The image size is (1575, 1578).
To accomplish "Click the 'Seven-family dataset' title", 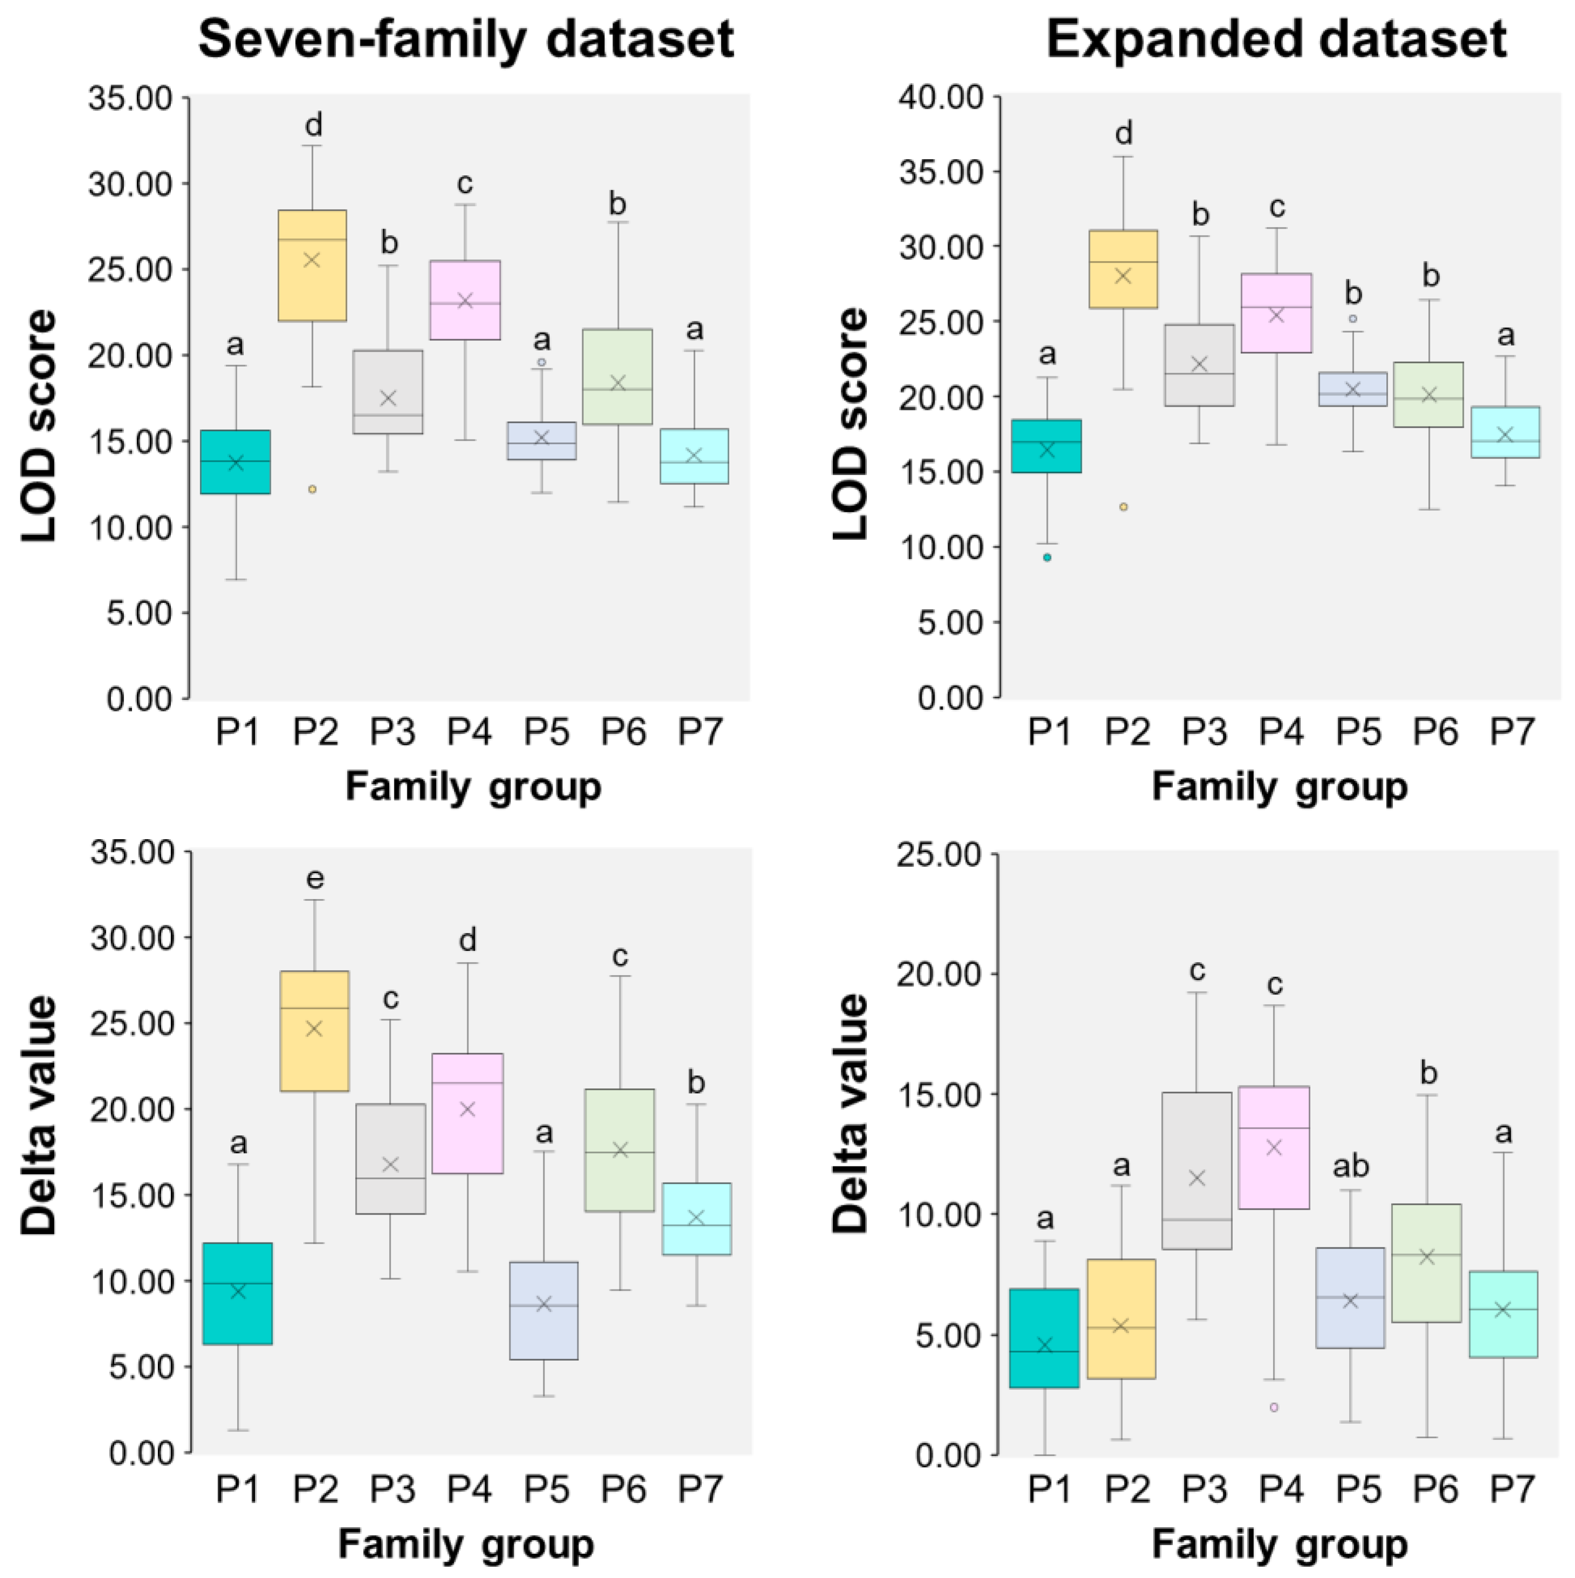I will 466,39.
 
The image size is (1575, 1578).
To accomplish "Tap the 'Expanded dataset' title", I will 1276,39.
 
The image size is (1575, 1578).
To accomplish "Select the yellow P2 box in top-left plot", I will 312,265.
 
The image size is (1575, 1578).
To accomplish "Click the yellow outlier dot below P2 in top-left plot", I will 312,489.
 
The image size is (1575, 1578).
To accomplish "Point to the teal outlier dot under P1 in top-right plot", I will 1047,557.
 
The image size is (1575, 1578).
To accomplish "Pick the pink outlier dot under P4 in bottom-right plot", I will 1274,1407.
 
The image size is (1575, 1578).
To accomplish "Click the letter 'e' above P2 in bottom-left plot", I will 314,879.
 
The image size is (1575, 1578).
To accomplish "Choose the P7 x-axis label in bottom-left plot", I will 700,1490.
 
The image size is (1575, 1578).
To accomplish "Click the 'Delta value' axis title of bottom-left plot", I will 39,1114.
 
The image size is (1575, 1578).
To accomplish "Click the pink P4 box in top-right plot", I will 1276,313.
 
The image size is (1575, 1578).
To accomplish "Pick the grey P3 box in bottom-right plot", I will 1197,1170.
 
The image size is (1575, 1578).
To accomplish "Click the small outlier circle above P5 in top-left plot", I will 541,362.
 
